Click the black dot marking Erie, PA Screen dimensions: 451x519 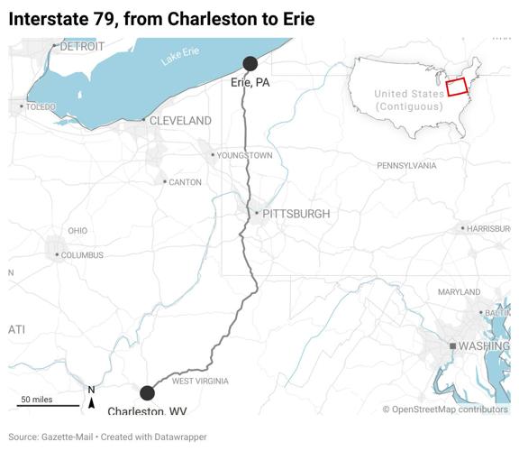click(250, 63)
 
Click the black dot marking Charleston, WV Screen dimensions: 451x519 click(147, 392)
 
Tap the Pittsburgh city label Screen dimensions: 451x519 click(296, 214)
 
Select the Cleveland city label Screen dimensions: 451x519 click(180, 121)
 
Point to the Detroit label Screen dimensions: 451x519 click(82, 46)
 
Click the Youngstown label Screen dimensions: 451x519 click(245, 155)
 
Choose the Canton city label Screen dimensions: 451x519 click(185, 182)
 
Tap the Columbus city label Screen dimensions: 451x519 click(82, 255)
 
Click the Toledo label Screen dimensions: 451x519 click(40, 107)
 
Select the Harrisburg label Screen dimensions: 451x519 click(489, 229)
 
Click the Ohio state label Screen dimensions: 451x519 click(77, 231)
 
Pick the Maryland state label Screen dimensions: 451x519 click(460, 292)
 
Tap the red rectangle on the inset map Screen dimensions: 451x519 click(458, 87)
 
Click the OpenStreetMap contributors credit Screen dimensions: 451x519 click(445, 409)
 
